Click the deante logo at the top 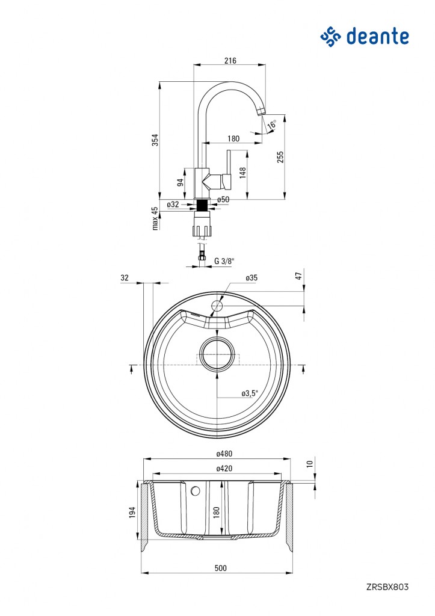[365, 36]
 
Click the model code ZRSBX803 [387, 587]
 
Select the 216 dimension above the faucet [230, 61]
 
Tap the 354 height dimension [155, 140]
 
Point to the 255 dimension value [280, 157]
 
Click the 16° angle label [272, 125]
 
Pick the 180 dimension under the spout [233, 138]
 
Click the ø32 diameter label [173, 205]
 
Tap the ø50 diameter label [223, 199]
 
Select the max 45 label [155, 218]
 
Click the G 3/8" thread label [224, 260]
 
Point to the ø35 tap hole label [251, 278]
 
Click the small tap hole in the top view [217, 306]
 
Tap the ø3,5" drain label [250, 393]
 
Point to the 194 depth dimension [132, 512]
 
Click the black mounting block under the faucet [203, 205]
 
